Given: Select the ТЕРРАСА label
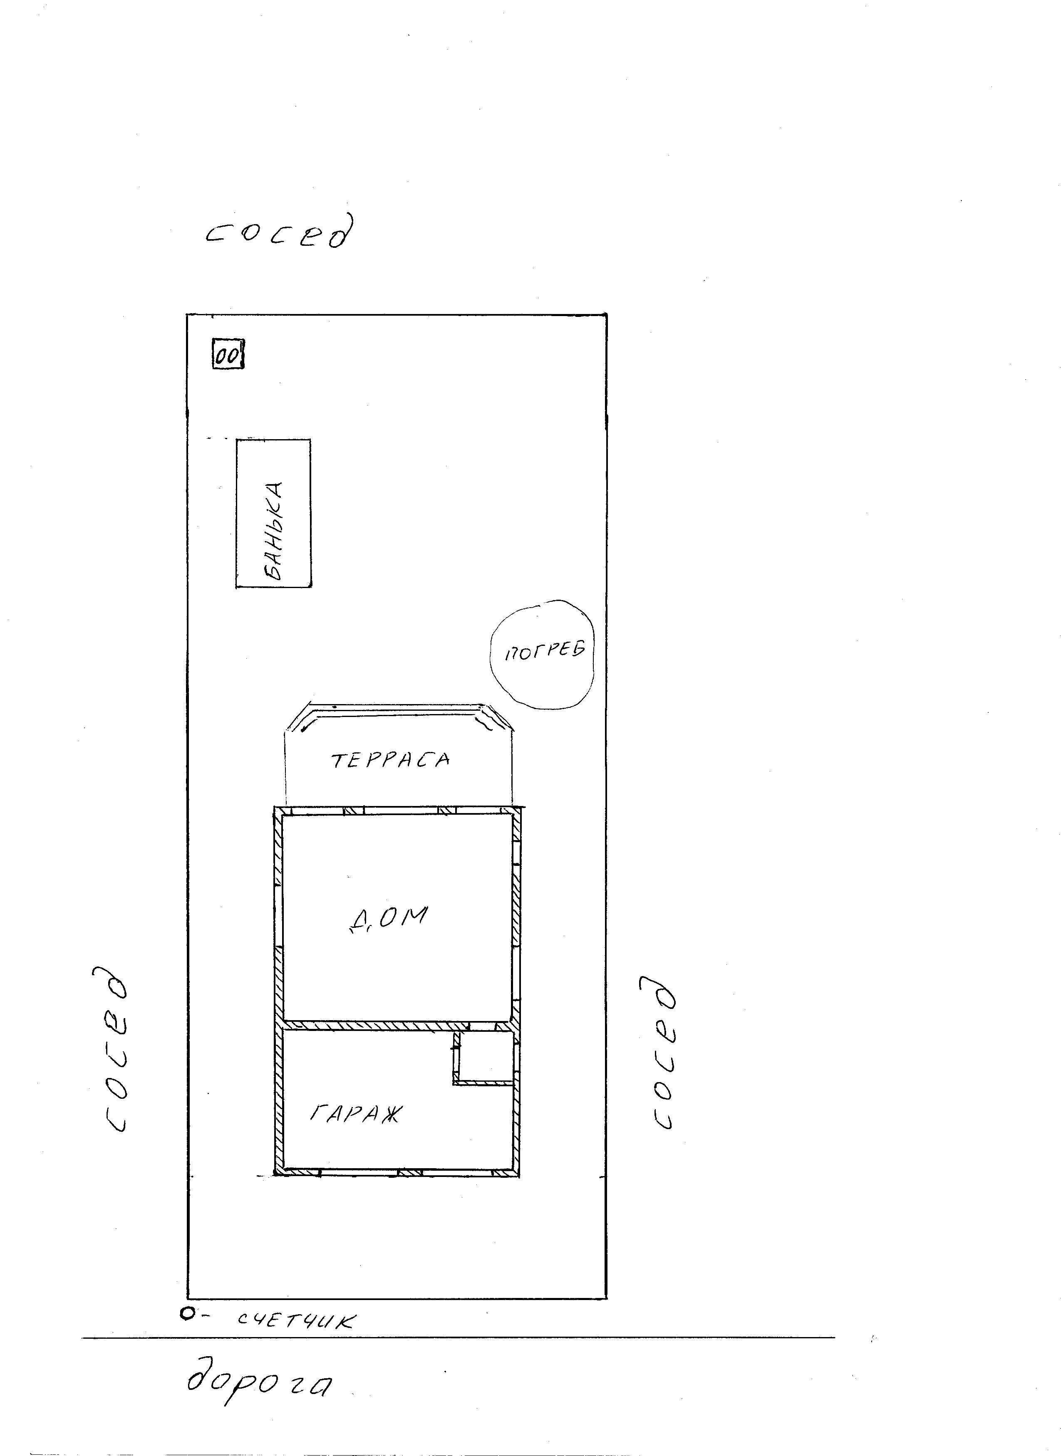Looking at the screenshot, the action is click(x=390, y=760).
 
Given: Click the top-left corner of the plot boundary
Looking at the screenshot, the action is click(x=187, y=314).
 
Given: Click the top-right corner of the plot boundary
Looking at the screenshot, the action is click(x=606, y=314).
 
